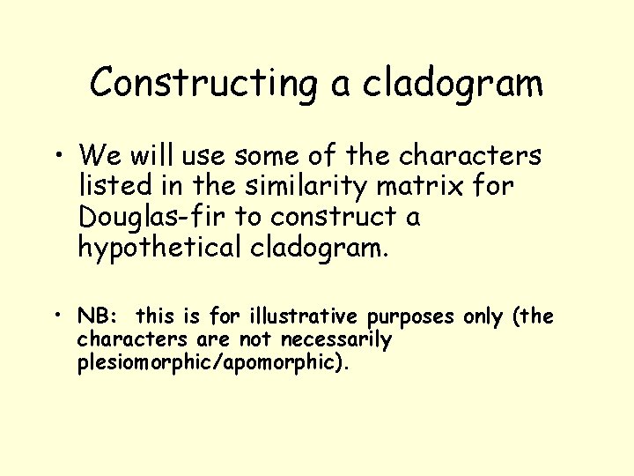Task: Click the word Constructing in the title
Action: (203, 85)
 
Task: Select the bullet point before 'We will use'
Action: (58, 158)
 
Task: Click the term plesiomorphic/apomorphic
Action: (213, 361)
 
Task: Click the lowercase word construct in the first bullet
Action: (339, 217)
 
